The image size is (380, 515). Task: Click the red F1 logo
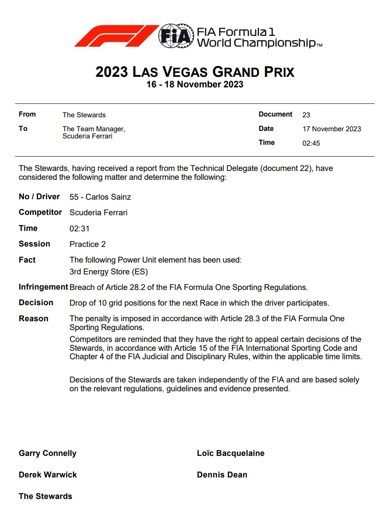click(116, 36)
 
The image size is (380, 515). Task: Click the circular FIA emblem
click(176, 36)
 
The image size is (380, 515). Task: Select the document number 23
click(306, 115)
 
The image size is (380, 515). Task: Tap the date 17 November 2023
click(332, 129)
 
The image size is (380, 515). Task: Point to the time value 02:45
click(311, 143)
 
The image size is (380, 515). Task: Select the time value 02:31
click(79, 229)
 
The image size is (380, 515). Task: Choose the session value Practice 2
click(88, 244)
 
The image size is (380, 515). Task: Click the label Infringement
click(43, 287)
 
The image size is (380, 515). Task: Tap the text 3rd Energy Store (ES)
click(109, 272)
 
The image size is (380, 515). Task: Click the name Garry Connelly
click(48, 453)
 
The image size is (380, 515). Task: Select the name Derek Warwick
click(48, 475)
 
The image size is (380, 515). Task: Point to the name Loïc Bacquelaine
click(230, 453)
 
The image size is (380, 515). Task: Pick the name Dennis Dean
click(222, 475)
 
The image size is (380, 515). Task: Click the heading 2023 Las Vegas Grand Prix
click(195, 72)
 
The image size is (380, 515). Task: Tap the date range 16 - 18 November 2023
click(195, 84)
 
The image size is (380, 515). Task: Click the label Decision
click(36, 303)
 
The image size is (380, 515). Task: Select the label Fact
click(27, 260)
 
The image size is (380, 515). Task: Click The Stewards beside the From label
click(84, 115)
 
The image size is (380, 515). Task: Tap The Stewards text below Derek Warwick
click(45, 496)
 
